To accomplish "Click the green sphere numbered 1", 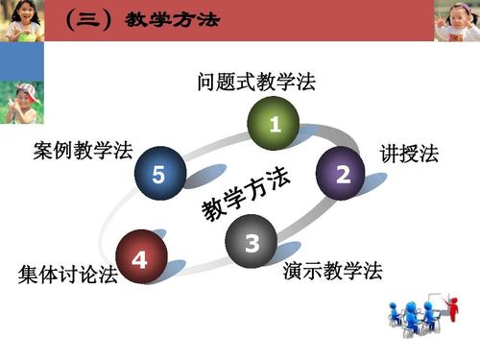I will tap(275, 123).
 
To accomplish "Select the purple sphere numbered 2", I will tap(343, 173).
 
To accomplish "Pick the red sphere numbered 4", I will tap(141, 257).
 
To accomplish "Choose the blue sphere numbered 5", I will tap(159, 174).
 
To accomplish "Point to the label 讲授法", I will tap(409, 153).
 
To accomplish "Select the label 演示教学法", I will tap(332, 271).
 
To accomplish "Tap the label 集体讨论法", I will tap(67, 275).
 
